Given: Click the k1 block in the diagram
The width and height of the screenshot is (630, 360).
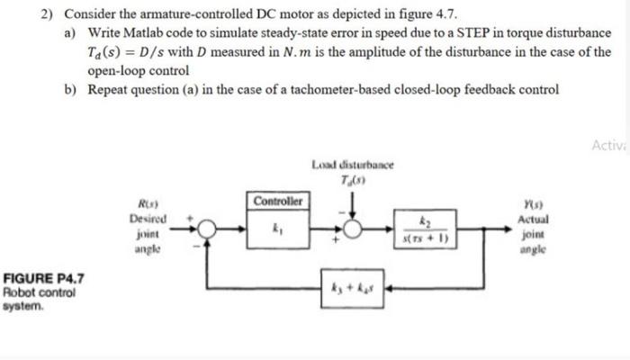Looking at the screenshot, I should coord(278,229).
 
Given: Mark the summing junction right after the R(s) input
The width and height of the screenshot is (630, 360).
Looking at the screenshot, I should coord(207,230).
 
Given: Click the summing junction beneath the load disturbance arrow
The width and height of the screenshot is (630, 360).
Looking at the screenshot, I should coord(355,230).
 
